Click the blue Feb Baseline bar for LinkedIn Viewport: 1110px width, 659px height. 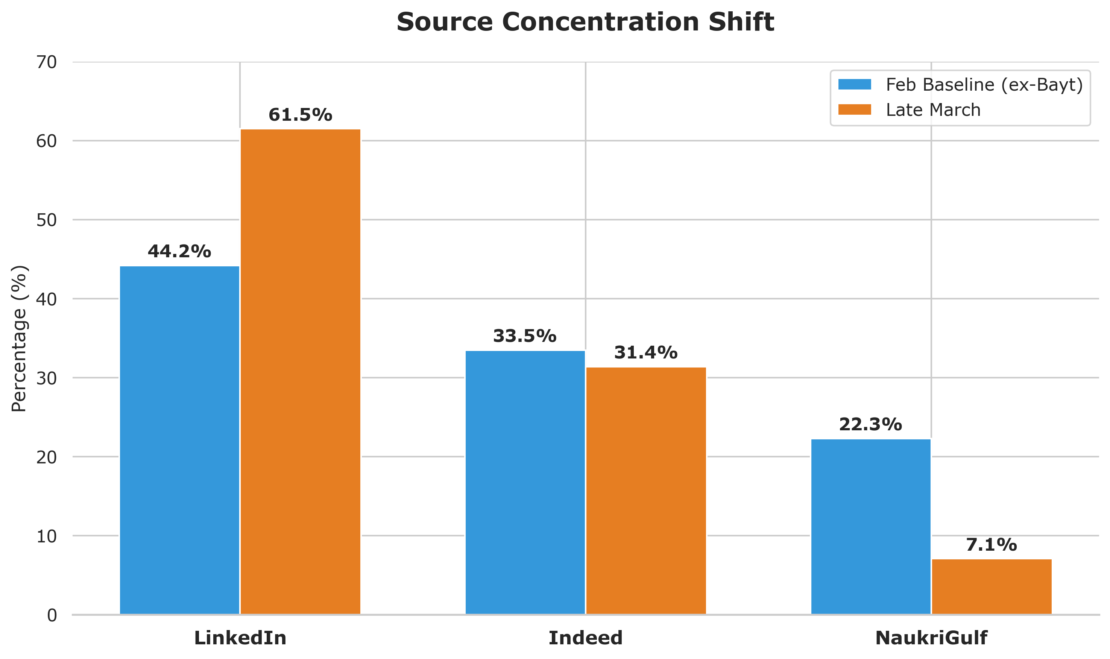coord(179,440)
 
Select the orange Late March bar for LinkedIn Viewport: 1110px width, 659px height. coord(300,372)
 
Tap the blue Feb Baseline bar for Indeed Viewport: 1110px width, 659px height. coord(525,482)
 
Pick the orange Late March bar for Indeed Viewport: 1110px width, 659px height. coord(645,491)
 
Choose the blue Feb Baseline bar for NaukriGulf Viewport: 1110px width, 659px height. coord(870,527)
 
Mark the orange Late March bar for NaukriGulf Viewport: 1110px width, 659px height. coord(992,587)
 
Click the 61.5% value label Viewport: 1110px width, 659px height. coord(300,115)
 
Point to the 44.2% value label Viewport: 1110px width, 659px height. coord(179,252)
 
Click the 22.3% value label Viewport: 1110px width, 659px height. coord(870,425)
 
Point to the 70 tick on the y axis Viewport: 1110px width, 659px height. coord(47,62)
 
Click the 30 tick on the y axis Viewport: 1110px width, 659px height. coord(47,378)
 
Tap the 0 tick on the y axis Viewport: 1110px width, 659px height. coord(52,615)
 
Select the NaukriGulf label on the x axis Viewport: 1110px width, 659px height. coord(931,638)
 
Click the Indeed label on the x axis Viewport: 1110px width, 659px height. coord(585,638)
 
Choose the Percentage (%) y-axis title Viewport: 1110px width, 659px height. coord(19,339)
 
